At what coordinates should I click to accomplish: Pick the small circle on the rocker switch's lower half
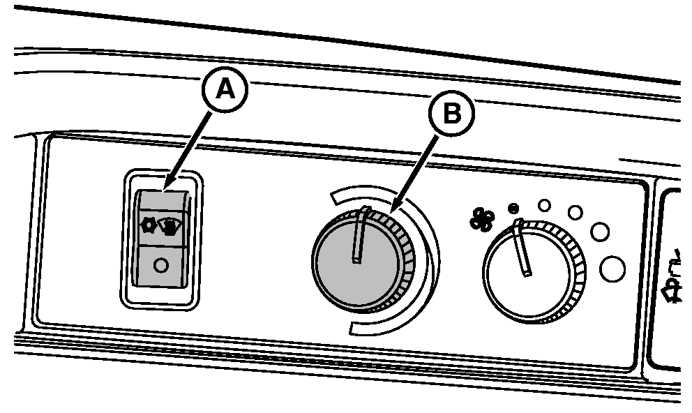160,265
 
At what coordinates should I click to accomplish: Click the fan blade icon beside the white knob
481,218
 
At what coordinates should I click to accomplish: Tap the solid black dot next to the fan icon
514,207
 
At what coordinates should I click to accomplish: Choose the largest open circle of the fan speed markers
612,269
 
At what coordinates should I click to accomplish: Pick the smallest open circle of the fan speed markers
545,205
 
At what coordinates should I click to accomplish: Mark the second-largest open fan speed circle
599,230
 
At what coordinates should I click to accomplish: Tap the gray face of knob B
352,272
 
